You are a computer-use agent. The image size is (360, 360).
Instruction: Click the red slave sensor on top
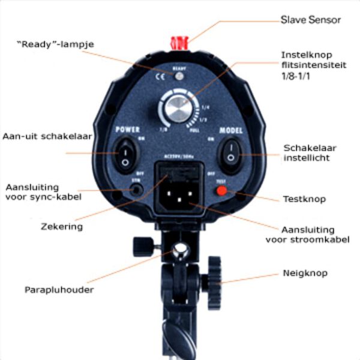point(180,42)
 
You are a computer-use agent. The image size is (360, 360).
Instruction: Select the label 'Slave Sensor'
point(310,20)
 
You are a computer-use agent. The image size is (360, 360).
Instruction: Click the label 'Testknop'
point(304,199)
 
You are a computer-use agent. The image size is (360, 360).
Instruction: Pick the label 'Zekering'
point(62,227)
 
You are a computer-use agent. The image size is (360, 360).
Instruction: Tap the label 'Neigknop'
point(305,274)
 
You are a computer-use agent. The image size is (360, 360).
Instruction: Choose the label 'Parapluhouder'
point(59,290)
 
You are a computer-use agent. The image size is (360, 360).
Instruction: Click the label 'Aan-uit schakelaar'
point(47,136)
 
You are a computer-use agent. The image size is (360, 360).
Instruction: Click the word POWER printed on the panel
point(127,129)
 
